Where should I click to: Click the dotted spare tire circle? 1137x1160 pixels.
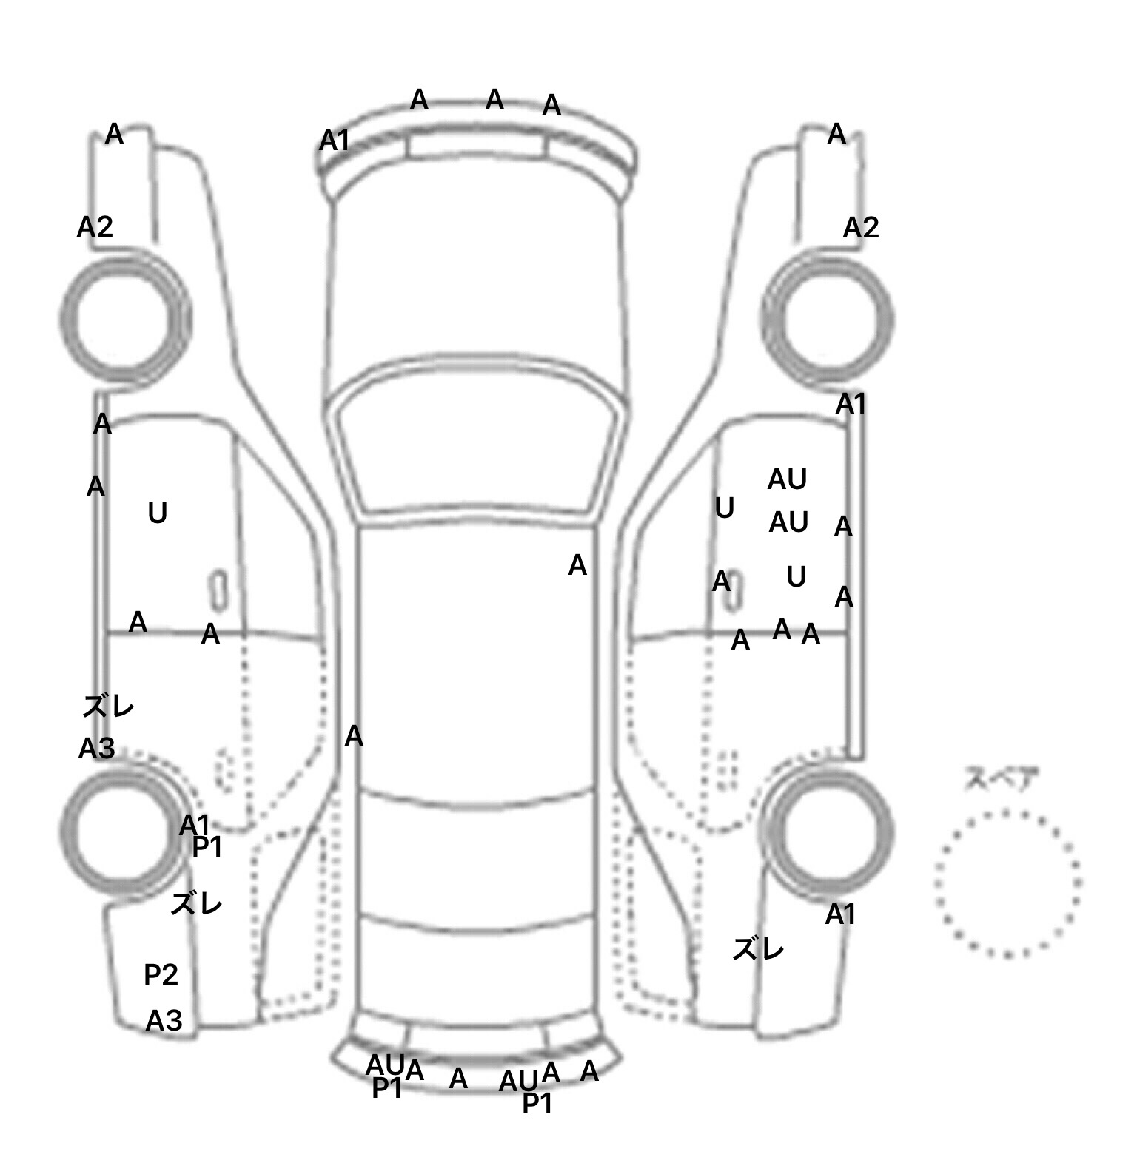point(1007,883)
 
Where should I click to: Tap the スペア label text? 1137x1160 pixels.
point(1001,779)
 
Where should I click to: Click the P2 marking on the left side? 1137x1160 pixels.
point(161,974)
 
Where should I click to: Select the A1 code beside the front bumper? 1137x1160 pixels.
point(334,140)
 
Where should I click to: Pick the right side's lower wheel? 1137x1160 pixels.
point(828,829)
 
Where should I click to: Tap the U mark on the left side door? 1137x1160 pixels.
point(157,513)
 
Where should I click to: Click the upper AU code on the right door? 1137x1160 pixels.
point(786,479)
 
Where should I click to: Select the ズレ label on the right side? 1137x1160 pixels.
point(757,948)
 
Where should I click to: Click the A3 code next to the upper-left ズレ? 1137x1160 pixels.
point(96,749)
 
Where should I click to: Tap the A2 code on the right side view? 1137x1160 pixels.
point(860,227)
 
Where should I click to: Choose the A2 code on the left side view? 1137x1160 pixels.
point(95,226)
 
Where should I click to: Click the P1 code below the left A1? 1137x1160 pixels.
point(207,848)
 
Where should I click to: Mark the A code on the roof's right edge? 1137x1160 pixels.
point(577,566)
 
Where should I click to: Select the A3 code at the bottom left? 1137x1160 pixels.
point(164,1021)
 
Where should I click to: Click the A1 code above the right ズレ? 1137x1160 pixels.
point(840,915)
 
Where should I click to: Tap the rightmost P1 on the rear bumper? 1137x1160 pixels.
point(537,1104)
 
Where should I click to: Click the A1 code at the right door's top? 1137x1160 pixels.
point(851,404)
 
